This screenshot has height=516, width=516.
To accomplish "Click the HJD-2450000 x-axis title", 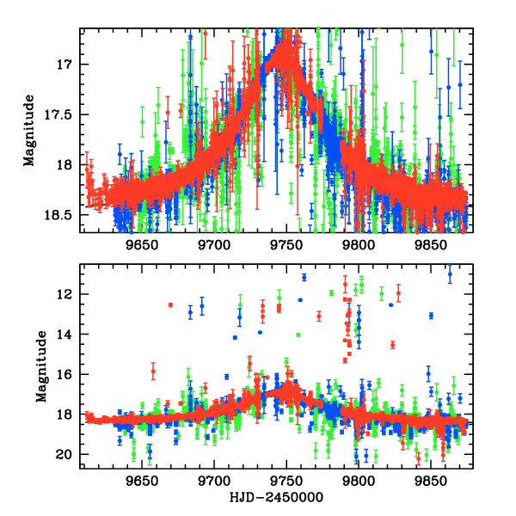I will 275,498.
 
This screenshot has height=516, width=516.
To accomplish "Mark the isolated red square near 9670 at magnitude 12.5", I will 170,305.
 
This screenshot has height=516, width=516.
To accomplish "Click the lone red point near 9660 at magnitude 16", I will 153,372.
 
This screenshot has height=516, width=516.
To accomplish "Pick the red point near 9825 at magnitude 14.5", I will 392,345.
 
